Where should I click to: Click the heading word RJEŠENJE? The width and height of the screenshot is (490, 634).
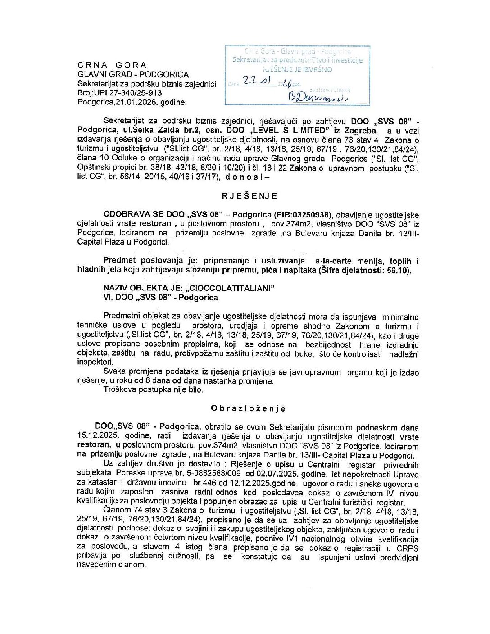click(x=249, y=196)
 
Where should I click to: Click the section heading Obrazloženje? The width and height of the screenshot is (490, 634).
click(x=248, y=408)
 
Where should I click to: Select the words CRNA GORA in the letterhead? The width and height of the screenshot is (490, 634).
click(x=112, y=65)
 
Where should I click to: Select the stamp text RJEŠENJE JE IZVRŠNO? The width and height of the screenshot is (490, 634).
click(x=297, y=69)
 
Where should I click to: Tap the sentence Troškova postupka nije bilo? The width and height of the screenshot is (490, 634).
click(x=153, y=390)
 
